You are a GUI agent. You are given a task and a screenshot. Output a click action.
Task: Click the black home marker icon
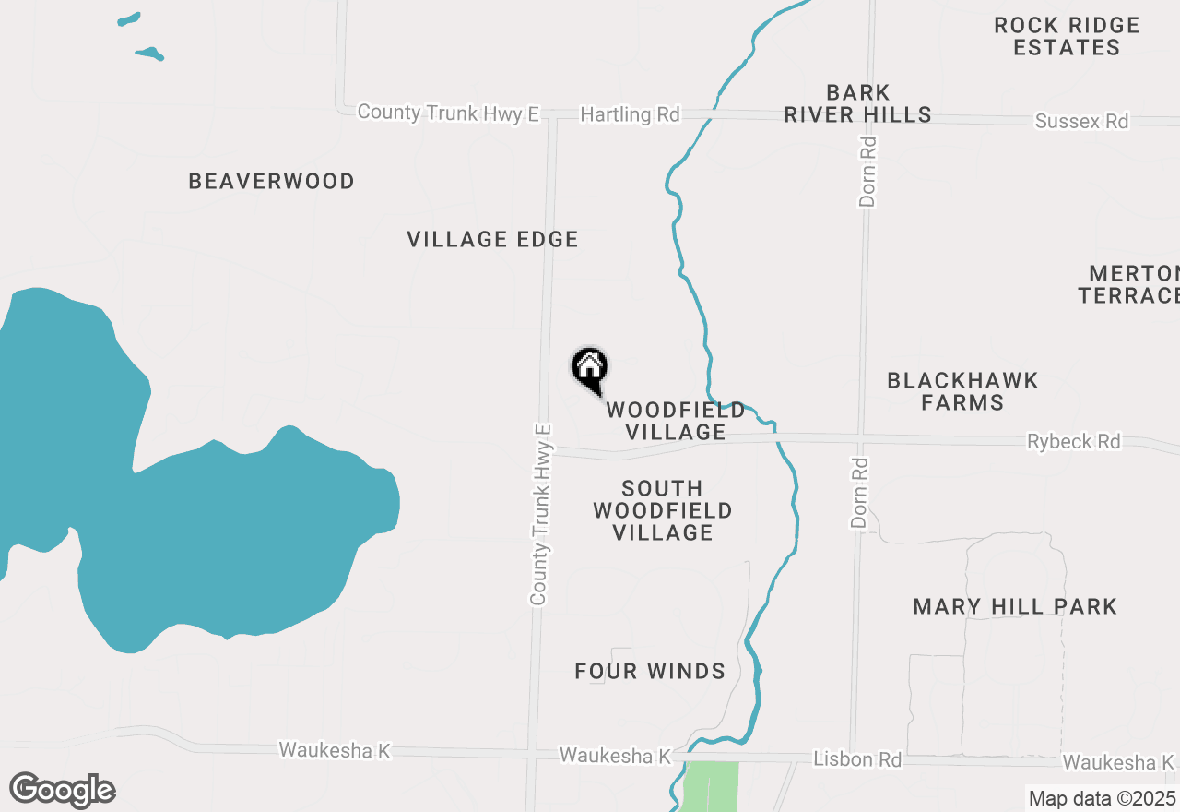(590, 368)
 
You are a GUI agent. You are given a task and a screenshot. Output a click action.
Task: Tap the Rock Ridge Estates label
(1067, 37)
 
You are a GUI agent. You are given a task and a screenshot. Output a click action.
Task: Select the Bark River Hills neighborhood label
(856, 103)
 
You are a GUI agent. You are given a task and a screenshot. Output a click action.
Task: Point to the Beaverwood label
(271, 181)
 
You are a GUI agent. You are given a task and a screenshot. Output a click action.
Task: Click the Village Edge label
(492, 239)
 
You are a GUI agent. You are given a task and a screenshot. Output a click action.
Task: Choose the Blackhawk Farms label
(962, 391)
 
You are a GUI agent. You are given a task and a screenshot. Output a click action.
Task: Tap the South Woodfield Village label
(663, 510)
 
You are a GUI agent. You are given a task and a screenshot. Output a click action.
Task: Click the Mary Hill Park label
(1015, 606)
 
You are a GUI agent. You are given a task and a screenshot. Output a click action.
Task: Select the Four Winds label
(650, 671)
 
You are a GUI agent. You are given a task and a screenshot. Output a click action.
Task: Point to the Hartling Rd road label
(630, 114)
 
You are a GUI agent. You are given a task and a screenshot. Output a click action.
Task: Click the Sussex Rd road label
(1081, 121)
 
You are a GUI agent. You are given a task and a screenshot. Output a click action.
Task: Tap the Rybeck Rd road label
(1074, 442)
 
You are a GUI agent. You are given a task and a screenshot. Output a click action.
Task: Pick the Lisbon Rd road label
(857, 759)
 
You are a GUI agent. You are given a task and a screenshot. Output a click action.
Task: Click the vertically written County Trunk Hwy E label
(541, 515)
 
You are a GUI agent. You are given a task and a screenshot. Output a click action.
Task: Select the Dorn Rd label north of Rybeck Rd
(867, 172)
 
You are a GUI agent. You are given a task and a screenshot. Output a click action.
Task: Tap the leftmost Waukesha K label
(335, 750)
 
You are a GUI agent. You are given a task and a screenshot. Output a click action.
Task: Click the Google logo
(62, 790)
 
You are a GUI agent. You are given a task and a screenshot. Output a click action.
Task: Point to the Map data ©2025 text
(1102, 798)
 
